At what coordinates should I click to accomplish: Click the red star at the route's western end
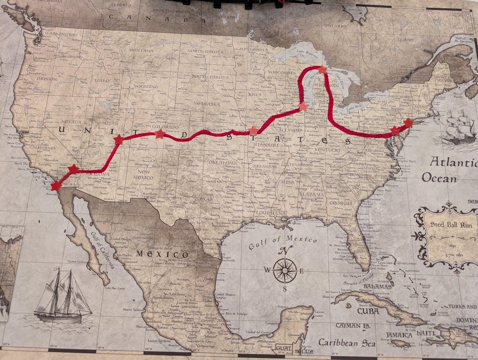coord(56,186)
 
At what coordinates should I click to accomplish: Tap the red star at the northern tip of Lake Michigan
coord(323,69)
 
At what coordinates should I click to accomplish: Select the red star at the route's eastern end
coord(408,123)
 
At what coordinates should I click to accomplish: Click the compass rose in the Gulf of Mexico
coord(285,270)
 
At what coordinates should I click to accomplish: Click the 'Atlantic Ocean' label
coord(450,169)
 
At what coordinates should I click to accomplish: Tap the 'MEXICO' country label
coord(162,254)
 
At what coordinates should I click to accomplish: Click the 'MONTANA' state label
coord(141,50)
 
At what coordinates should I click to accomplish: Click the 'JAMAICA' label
coord(399,335)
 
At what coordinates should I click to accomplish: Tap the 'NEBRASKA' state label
coord(206,104)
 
